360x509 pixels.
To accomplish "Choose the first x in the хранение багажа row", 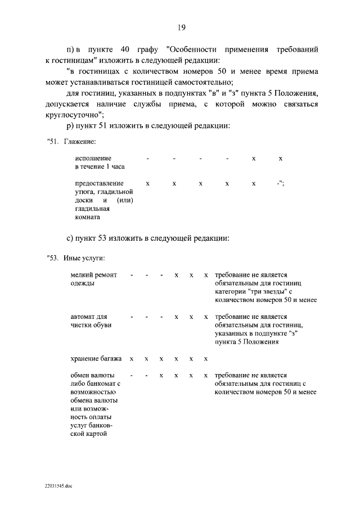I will pyautogui.click(x=131, y=359).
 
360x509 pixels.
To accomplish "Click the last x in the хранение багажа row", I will pyautogui.click(x=206, y=359).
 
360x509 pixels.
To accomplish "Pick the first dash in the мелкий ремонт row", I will pyautogui.click(x=131, y=275).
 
